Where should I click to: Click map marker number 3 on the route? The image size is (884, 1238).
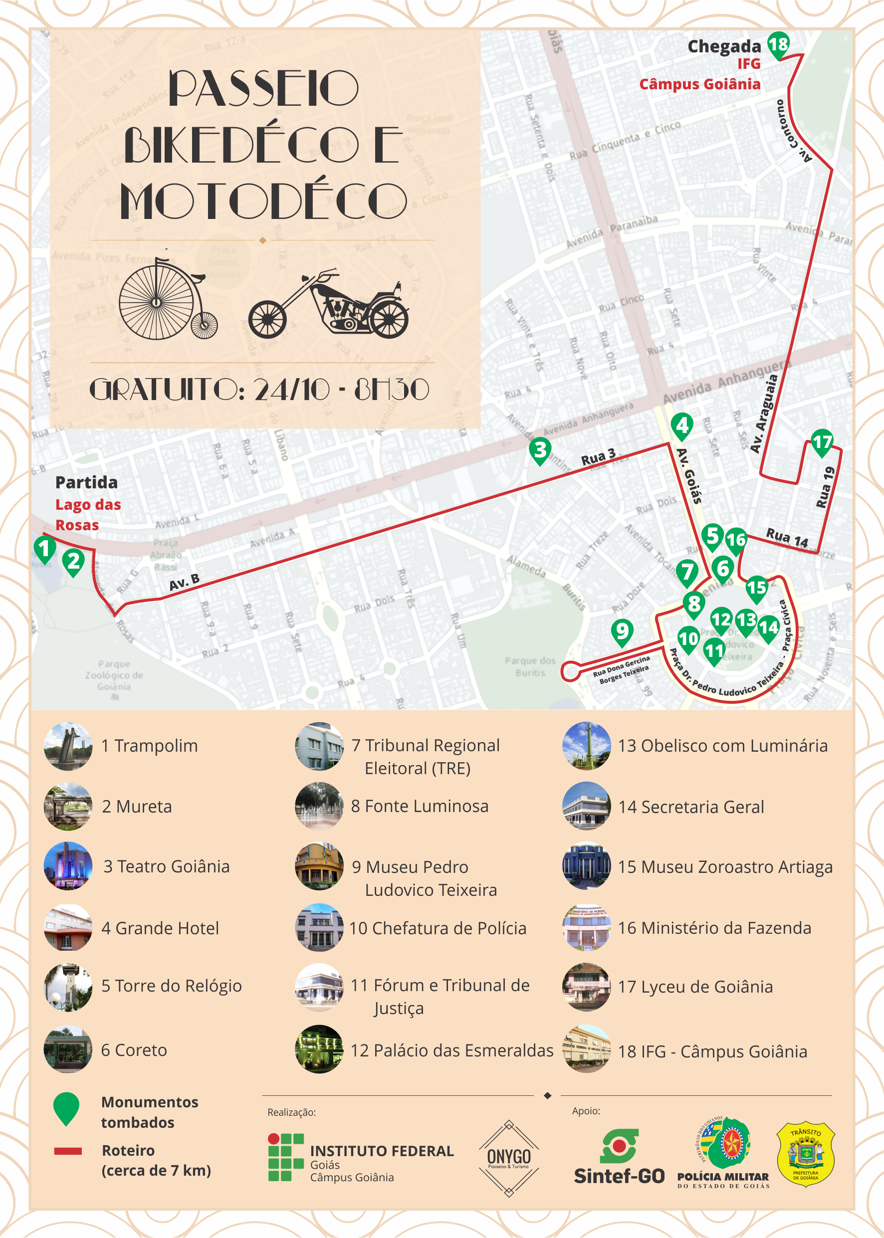click(540, 450)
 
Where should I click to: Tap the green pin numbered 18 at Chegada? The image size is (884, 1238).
click(778, 44)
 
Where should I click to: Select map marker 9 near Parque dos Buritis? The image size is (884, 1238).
click(622, 632)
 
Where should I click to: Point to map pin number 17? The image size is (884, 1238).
click(822, 442)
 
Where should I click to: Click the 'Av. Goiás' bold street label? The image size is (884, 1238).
click(689, 476)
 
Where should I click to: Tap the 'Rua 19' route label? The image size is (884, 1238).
click(826, 487)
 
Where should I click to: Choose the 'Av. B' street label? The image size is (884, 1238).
click(184, 582)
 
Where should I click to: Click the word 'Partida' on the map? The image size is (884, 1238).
click(86, 482)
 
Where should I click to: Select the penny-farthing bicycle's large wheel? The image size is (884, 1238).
click(156, 302)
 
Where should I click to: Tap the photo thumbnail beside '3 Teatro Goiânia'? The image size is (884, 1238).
click(68, 866)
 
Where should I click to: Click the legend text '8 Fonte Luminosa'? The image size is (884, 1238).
click(420, 806)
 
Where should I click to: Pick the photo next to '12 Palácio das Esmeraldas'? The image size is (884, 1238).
click(319, 1049)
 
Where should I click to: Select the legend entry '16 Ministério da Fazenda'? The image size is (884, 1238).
click(714, 928)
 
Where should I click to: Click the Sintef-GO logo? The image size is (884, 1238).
click(619, 1156)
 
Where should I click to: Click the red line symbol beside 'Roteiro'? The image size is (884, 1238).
click(68, 1151)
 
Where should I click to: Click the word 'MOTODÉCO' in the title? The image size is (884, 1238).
click(263, 202)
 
